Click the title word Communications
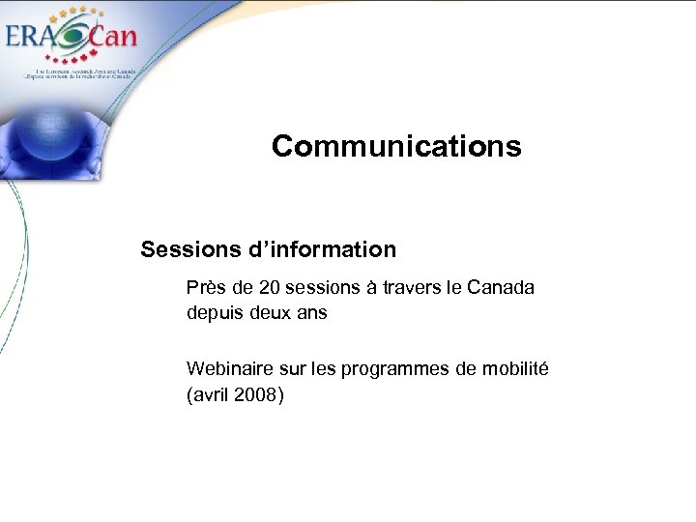pos(396,146)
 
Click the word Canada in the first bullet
pos(500,288)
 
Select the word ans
pos(313,313)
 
